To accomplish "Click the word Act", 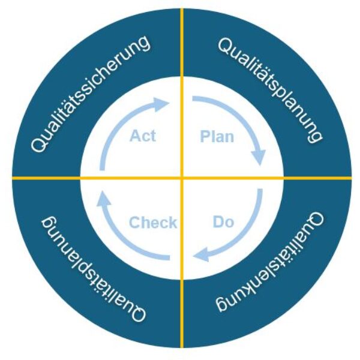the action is coord(143,136).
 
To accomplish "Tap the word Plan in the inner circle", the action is coord(217,137).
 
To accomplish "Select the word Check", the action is coord(153,222).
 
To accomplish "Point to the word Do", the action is coord(223,222).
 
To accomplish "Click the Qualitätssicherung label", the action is coord(91,94).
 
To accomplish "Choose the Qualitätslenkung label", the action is coord(270,262).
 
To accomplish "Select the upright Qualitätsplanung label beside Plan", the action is coord(270,90).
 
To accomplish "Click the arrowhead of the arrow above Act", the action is coord(161,104).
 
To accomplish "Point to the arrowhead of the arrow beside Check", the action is coord(103,199).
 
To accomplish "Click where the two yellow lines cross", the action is coord(182,178).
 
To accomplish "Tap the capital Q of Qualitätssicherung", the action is coord(38,144).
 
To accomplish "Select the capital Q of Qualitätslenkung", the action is coord(316,220).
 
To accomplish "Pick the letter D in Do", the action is coord(218,222).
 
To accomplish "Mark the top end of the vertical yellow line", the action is coord(182,9).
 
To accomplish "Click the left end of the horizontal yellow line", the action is coord(13,178).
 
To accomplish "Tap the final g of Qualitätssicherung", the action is coord(144,44).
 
